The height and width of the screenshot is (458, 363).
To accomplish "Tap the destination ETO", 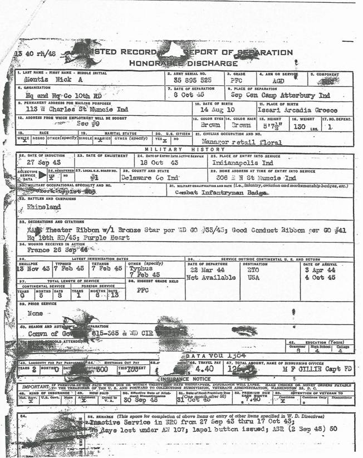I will click(x=254, y=269).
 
